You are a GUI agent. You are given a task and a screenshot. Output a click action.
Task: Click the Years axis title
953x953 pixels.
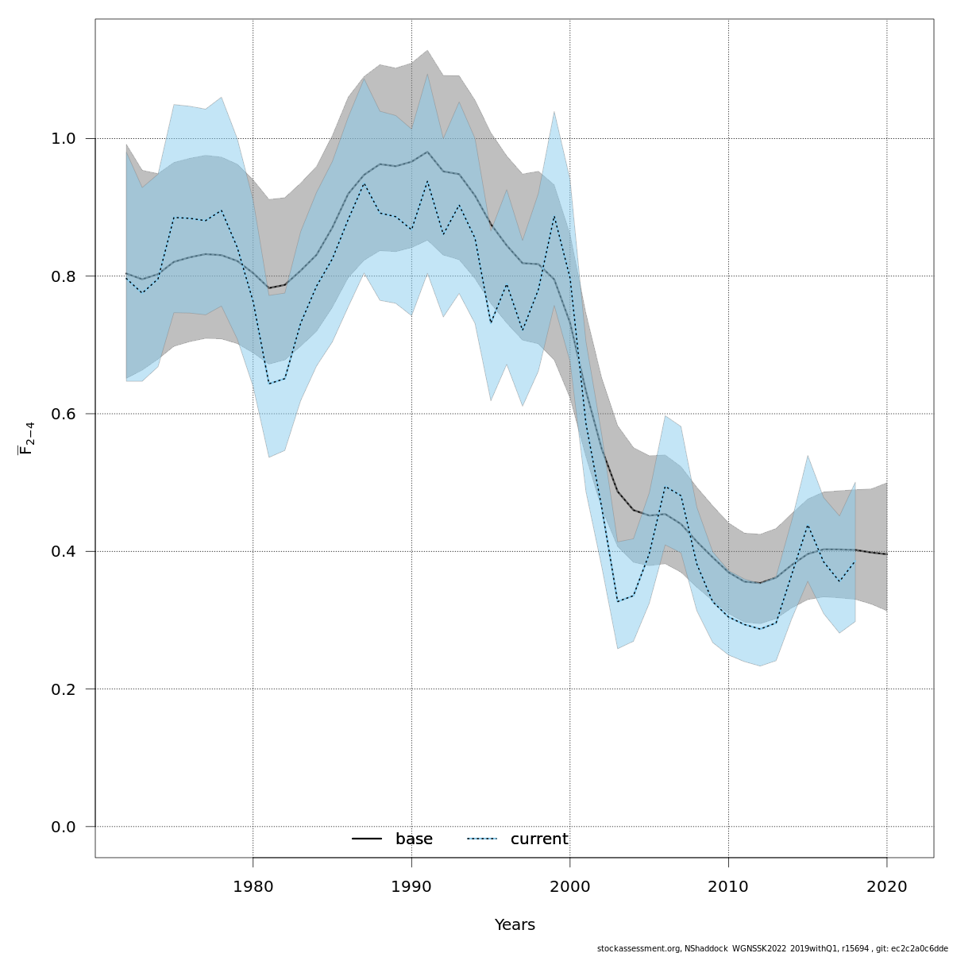(515, 925)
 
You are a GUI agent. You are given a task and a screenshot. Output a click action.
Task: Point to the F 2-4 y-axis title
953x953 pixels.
(26, 438)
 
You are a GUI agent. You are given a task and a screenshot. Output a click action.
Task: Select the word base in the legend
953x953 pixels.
(414, 839)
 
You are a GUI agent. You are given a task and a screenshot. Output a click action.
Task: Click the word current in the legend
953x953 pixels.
(539, 839)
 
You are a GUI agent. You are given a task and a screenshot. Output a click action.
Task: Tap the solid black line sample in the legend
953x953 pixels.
(367, 839)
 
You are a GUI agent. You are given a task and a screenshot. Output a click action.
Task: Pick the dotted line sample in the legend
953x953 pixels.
(481, 839)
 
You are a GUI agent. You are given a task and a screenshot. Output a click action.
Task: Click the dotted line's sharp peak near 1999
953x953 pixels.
(554, 216)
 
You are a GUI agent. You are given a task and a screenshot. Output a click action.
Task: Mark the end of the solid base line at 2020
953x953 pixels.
(886, 554)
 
